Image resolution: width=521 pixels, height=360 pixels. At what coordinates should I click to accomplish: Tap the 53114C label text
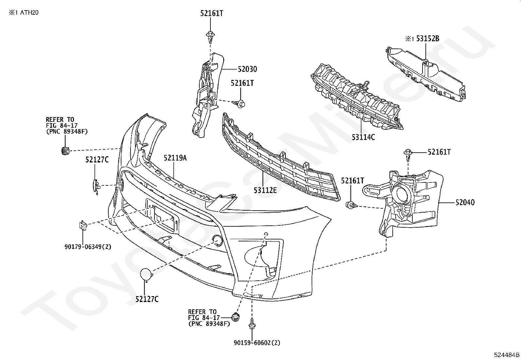[x=363, y=137]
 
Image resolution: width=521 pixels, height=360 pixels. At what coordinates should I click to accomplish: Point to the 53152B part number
[x=427, y=39]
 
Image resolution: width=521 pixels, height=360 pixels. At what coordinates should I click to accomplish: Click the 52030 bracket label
[x=247, y=69]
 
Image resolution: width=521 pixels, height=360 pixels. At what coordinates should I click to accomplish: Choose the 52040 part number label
[x=465, y=203]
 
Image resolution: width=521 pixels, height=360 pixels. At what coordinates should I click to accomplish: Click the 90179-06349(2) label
[x=88, y=246]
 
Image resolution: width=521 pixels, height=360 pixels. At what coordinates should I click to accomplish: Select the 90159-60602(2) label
[x=257, y=343]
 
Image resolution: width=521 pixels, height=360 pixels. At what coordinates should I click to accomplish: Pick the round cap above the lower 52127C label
[x=146, y=275]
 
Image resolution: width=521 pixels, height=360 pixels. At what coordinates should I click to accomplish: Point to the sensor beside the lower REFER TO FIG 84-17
[x=235, y=317]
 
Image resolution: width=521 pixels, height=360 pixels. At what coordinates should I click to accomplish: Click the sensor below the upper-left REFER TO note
[x=65, y=151]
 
